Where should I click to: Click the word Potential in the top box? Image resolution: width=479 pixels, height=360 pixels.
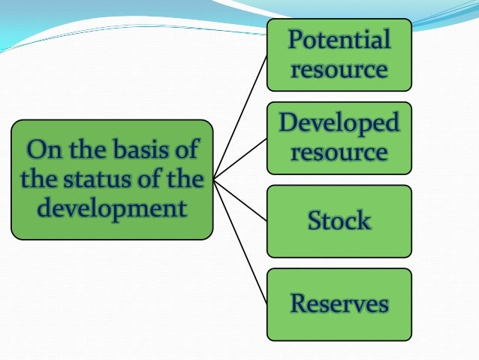pyautogui.click(x=339, y=40)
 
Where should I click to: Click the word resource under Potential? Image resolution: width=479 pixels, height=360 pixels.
pyautogui.click(x=339, y=70)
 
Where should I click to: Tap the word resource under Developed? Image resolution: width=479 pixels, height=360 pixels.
pyautogui.click(x=339, y=153)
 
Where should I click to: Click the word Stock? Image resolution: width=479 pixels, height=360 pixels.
pyautogui.click(x=339, y=221)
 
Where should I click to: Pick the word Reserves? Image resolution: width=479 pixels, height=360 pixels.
pyautogui.click(x=339, y=304)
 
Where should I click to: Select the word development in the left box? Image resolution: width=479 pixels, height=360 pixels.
pyautogui.click(x=112, y=208)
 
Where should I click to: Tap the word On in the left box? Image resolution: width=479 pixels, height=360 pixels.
pyautogui.click(x=40, y=149)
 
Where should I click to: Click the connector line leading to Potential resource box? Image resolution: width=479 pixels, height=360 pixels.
pyautogui.click(x=240, y=116)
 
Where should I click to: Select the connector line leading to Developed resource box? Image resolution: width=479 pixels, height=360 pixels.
pyautogui.click(x=240, y=159)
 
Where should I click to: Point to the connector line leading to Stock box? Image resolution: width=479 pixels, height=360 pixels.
pyautogui.click(x=240, y=200)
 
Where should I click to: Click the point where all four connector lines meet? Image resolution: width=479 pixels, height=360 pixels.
pyautogui.click(x=214, y=180)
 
